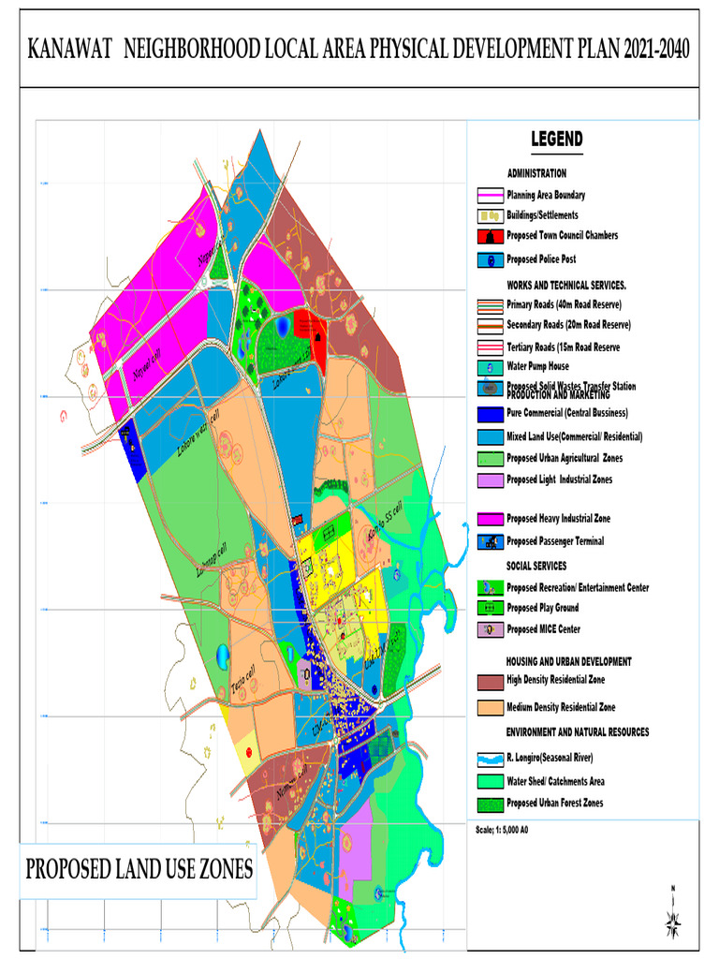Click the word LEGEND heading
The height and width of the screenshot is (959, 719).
(x=557, y=140)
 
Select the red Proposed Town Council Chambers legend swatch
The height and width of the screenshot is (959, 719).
(x=490, y=236)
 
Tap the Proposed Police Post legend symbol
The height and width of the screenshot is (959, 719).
(x=490, y=259)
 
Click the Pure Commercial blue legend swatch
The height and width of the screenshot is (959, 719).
(x=490, y=413)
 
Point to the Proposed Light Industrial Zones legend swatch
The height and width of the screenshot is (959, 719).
(x=490, y=479)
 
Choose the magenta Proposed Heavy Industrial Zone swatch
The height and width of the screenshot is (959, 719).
(x=490, y=519)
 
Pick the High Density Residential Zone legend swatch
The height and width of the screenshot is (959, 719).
(x=490, y=681)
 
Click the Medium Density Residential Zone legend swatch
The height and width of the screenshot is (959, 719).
(x=490, y=707)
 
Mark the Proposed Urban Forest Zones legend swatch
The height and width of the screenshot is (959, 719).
(x=490, y=804)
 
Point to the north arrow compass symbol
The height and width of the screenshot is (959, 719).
(x=673, y=913)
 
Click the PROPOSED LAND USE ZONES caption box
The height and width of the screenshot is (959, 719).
(x=139, y=870)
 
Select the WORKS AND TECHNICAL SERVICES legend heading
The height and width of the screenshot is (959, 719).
(x=566, y=284)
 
